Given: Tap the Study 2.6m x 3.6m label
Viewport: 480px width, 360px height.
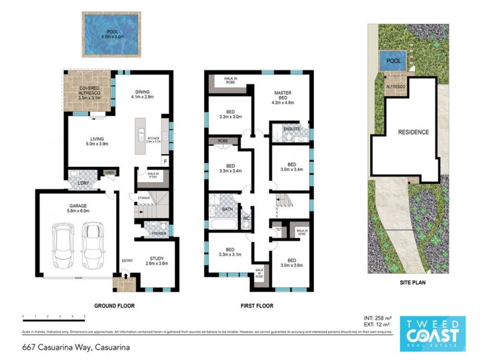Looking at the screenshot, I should coord(157,261).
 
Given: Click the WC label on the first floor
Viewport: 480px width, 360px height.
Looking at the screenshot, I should coord(246,218).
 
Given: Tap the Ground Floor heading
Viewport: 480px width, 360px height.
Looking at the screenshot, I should coord(115,305).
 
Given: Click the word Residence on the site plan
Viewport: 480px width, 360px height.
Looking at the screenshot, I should coord(414,132).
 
